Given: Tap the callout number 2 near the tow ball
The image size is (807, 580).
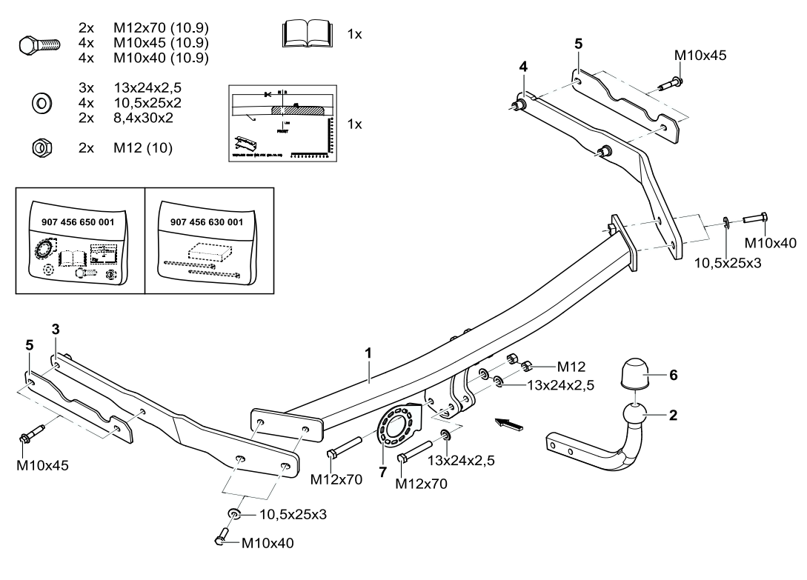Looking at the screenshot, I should (673, 415).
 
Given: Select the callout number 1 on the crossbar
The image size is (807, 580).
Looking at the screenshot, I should (368, 355).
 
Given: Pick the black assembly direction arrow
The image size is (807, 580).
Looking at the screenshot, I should (510, 424).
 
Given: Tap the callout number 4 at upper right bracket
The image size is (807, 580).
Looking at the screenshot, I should (523, 67).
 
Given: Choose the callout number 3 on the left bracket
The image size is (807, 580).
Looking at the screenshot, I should (56, 328).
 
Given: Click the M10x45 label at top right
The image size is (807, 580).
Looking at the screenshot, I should (700, 55).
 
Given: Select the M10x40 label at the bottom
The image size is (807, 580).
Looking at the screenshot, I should (268, 543).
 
